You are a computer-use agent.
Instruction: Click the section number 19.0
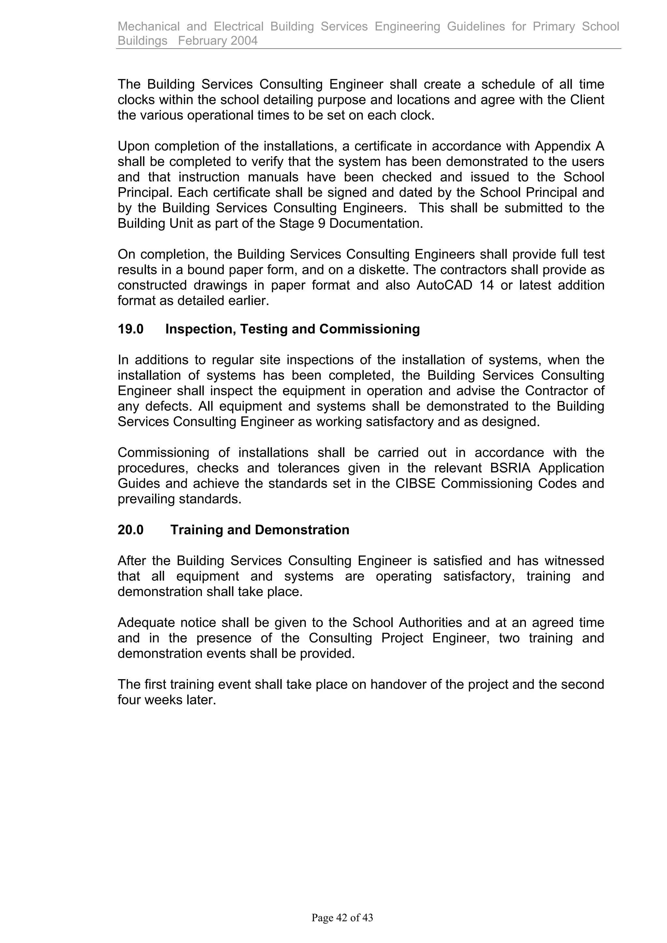pos(130,329)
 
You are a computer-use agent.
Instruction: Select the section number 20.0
pos(130,530)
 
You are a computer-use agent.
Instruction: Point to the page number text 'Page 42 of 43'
pos(342,918)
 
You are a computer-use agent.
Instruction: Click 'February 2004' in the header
pos(218,41)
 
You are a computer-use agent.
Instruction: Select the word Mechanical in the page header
pos(149,26)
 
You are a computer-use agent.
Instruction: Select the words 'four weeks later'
pos(166,700)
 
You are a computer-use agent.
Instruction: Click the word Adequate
pos(146,622)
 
